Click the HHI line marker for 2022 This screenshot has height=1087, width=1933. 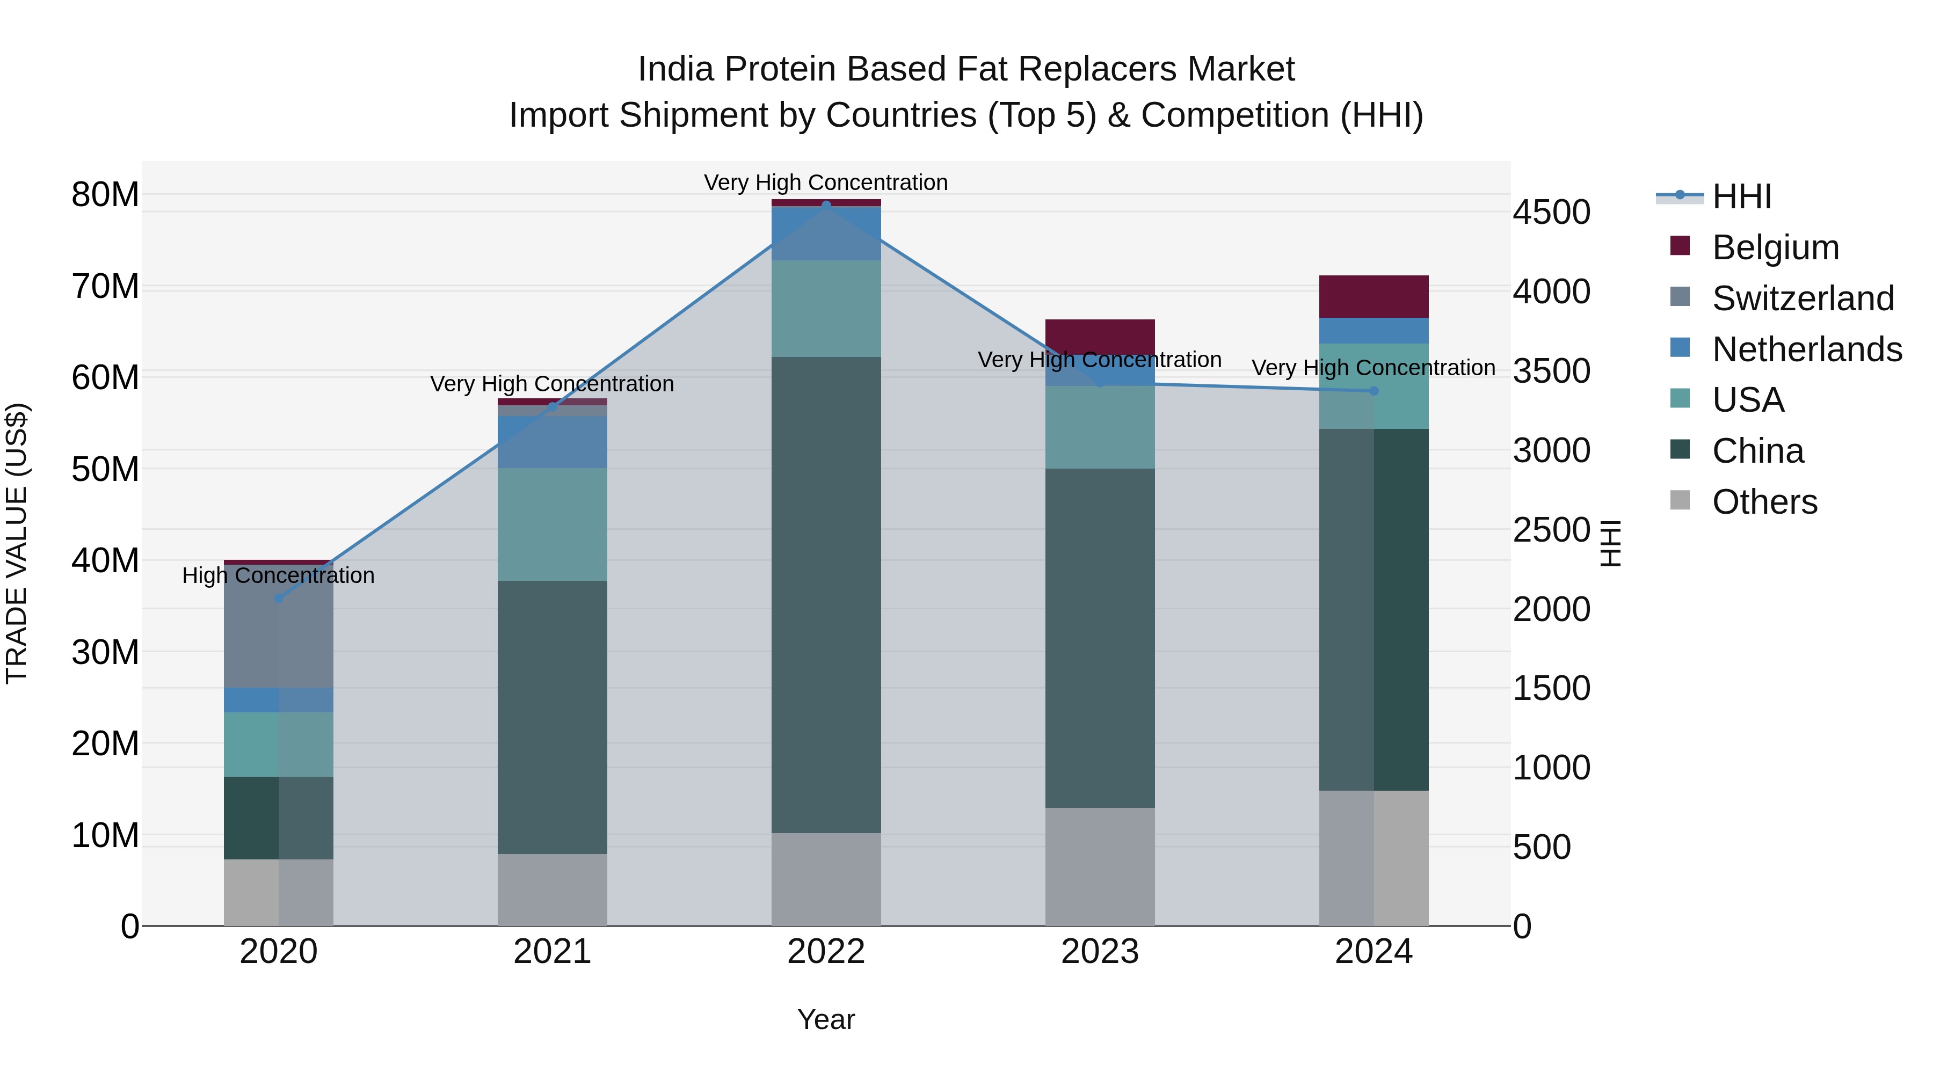pyautogui.click(x=826, y=205)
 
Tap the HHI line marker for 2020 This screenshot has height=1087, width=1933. pyautogui.click(x=278, y=598)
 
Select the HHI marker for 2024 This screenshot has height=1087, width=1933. pyautogui.click(x=1374, y=391)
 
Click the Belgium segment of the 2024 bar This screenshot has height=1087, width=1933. pyautogui.click(x=1374, y=296)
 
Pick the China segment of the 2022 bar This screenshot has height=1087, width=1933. pyautogui.click(x=826, y=594)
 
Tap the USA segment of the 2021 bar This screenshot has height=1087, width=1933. pyautogui.click(x=553, y=524)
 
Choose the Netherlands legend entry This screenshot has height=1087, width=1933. pyautogui.click(x=1806, y=349)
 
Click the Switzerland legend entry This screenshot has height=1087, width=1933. pyautogui.click(x=1803, y=298)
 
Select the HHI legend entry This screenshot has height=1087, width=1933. pyautogui.click(x=1741, y=196)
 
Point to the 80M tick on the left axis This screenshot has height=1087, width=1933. pyautogui.click(x=105, y=194)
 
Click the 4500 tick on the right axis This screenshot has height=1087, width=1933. pyautogui.click(x=1550, y=212)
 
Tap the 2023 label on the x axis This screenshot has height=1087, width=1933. pyautogui.click(x=1100, y=952)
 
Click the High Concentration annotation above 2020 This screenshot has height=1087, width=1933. pyautogui.click(x=278, y=575)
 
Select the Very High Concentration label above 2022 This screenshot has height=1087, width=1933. pyautogui.click(x=826, y=183)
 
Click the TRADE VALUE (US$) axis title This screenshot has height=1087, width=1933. pyautogui.click(x=17, y=543)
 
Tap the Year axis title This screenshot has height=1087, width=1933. pyautogui.click(x=826, y=1019)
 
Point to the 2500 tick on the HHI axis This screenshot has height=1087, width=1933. pyautogui.click(x=1550, y=530)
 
